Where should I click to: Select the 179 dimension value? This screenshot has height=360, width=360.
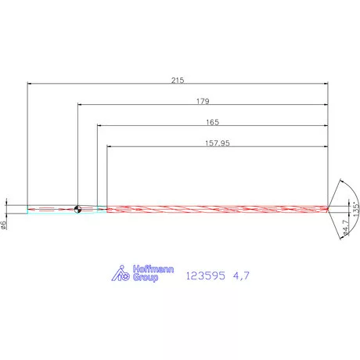[x=202, y=101]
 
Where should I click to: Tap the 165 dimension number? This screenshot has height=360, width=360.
[x=212, y=122]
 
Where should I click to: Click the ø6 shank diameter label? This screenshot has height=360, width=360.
[x=5, y=225]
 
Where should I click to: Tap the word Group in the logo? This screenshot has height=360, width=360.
[x=146, y=277]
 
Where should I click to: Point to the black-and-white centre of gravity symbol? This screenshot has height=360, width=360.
[x=77, y=209]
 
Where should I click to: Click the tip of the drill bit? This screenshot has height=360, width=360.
[x=331, y=208]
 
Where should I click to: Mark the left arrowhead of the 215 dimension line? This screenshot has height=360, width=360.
[x=28, y=83]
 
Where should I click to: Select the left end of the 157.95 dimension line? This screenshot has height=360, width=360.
[x=107, y=147]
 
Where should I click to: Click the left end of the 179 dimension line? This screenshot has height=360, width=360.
[x=78, y=105]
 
